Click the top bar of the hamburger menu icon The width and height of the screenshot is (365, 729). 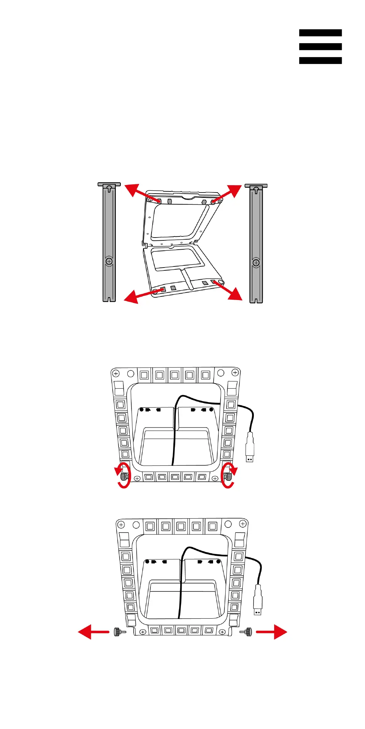point(320,33)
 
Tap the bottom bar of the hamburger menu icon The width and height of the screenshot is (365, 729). point(320,60)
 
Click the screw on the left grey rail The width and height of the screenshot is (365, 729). point(109,261)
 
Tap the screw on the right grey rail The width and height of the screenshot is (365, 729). point(256,263)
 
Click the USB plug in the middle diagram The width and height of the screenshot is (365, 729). point(250,448)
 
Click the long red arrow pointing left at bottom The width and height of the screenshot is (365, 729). point(93,632)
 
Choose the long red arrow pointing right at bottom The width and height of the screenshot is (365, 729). point(272,632)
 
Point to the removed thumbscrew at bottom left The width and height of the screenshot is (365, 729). point(119,632)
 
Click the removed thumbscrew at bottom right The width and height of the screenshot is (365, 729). point(246,632)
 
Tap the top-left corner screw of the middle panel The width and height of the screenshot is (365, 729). point(115,373)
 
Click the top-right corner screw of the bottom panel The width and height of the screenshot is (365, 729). point(243,524)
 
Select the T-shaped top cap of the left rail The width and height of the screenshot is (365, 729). point(109,185)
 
